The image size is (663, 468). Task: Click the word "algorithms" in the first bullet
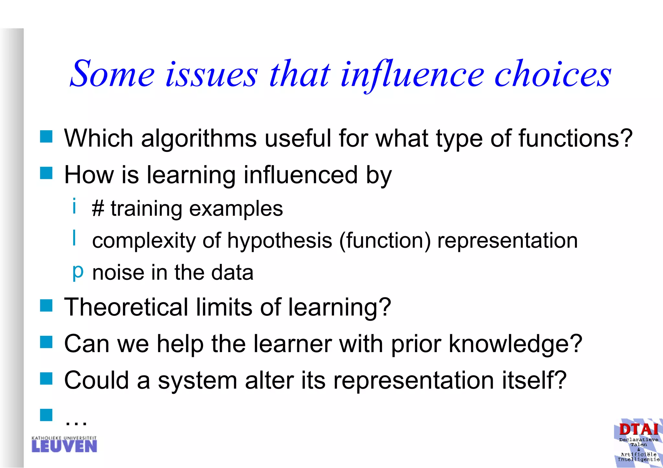(199, 139)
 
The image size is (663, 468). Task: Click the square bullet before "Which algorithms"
(46, 137)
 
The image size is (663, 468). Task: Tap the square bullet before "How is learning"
(46, 173)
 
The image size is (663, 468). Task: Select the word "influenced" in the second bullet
(301, 175)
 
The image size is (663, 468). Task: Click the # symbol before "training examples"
(98, 209)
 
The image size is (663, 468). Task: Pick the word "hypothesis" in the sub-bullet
(280, 241)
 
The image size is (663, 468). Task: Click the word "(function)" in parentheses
(385, 241)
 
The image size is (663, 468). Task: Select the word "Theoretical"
(126, 307)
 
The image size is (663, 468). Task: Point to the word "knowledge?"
(515, 344)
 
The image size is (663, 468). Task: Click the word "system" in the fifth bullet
(197, 380)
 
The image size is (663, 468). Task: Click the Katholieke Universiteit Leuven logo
(64, 444)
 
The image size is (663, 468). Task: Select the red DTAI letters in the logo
(638, 430)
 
